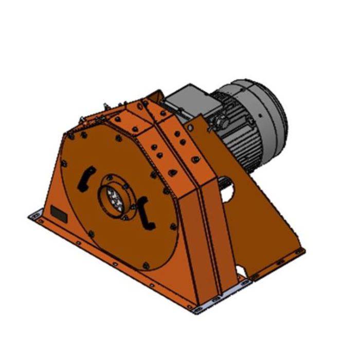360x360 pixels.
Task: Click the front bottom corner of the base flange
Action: [195, 309]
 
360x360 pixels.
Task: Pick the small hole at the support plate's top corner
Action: [190, 127]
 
